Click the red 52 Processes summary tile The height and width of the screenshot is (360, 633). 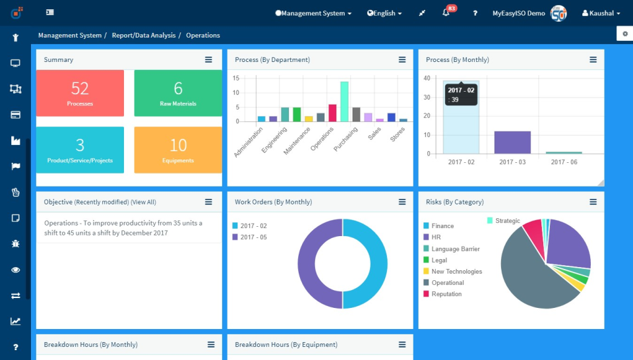pos(80,93)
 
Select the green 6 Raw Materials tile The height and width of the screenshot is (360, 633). pos(178,93)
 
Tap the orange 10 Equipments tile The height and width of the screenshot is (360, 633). pos(178,150)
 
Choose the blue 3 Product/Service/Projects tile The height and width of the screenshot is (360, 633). pos(80,150)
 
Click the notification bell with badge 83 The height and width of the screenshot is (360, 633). pos(446,13)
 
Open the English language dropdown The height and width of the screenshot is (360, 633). pos(384,13)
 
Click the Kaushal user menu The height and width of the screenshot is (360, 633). pos(601,13)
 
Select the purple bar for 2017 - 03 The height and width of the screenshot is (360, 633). pos(512,142)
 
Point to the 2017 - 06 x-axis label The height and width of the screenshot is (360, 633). pos(564,162)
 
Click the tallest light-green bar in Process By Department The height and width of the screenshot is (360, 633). pos(344,102)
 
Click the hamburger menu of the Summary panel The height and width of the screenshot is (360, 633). pos(208,59)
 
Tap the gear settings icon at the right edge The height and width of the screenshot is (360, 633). pos(625,34)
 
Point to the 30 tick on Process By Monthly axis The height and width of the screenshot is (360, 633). pos(427,98)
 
